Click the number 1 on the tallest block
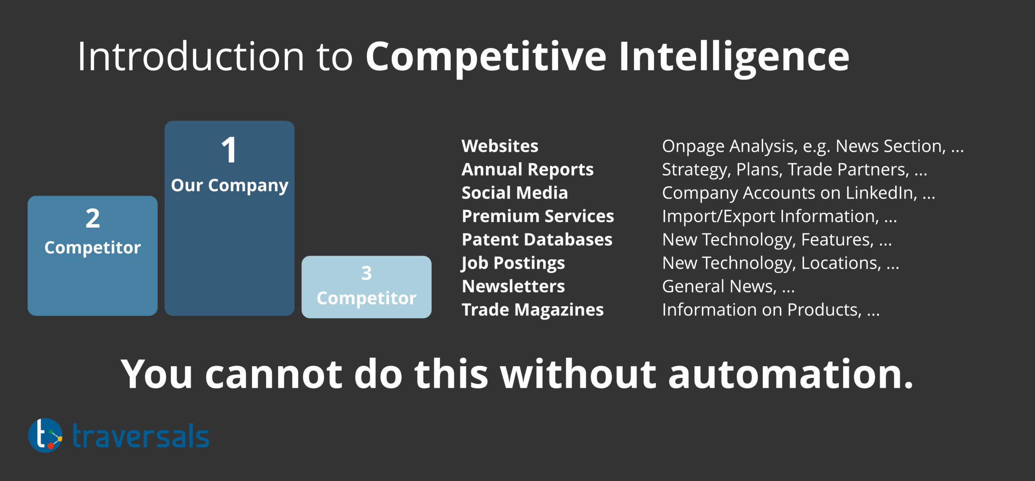coord(229,150)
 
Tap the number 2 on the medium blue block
coord(93,218)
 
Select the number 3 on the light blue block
coord(366,273)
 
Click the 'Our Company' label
coord(230,186)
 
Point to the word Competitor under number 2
coord(93,248)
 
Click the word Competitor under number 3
coord(366,298)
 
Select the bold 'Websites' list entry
coord(500,146)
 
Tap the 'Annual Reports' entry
coord(528,170)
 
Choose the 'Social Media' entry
coord(515,193)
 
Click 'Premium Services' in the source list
coord(538,216)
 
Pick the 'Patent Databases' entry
coord(537,240)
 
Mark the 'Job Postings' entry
coord(513,264)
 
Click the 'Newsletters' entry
coord(513,287)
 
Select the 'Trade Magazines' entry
coord(532,310)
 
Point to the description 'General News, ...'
coord(728,287)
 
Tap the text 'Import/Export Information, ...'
coord(779,217)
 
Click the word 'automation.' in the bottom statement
coord(790,374)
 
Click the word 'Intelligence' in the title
coord(734,57)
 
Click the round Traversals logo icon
coord(45,435)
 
